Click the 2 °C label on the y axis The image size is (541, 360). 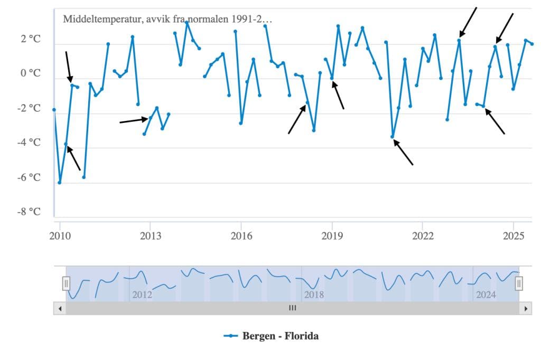(30, 39)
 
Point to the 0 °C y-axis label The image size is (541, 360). (30, 73)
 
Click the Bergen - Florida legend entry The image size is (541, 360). (280, 336)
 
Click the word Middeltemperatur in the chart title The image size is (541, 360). (97, 19)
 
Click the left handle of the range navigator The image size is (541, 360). (66, 283)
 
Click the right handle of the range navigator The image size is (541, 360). (519, 283)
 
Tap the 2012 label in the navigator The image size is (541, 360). (142, 295)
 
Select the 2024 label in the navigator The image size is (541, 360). (486, 295)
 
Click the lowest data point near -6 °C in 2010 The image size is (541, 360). (60, 183)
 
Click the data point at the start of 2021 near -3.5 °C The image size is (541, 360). (393, 137)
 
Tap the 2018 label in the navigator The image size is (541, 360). (314, 295)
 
